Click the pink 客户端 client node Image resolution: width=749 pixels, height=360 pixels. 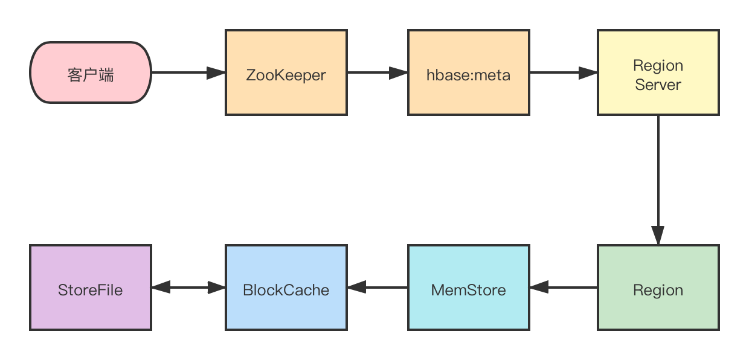[x=91, y=72]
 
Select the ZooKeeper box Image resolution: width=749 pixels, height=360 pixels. [x=286, y=72]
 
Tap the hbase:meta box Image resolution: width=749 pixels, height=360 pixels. [x=469, y=72]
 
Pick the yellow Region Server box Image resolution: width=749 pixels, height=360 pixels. [x=658, y=72]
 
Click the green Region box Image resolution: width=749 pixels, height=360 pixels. [x=658, y=288]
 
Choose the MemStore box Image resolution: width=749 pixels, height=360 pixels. [x=469, y=288]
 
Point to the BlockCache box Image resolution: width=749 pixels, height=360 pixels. [x=286, y=288]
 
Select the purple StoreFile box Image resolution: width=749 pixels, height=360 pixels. [x=91, y=288]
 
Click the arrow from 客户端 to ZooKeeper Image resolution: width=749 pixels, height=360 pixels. [x=188, y=72]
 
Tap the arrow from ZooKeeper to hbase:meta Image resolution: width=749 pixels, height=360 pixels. [x=378, y=72]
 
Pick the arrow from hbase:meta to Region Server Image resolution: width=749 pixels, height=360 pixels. [x=564, y=72]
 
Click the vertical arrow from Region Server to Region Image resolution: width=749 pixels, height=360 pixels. [x=658, y=180]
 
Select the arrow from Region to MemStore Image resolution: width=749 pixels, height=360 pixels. [x=564, y=288]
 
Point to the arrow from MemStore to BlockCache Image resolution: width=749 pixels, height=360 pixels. [x=378, y=288]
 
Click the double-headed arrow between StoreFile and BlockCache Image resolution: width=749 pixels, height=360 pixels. [x=188, y=288]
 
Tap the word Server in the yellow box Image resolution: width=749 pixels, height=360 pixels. [x=658, y=85]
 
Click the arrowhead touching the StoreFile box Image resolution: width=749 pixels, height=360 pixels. [x=161, y=288]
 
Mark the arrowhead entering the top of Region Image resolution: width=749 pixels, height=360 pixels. [x=658, y=236]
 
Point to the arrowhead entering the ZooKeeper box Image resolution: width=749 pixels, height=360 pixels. [x=216, y=72]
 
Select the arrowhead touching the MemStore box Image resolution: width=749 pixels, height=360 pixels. [x=539, y=288]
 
